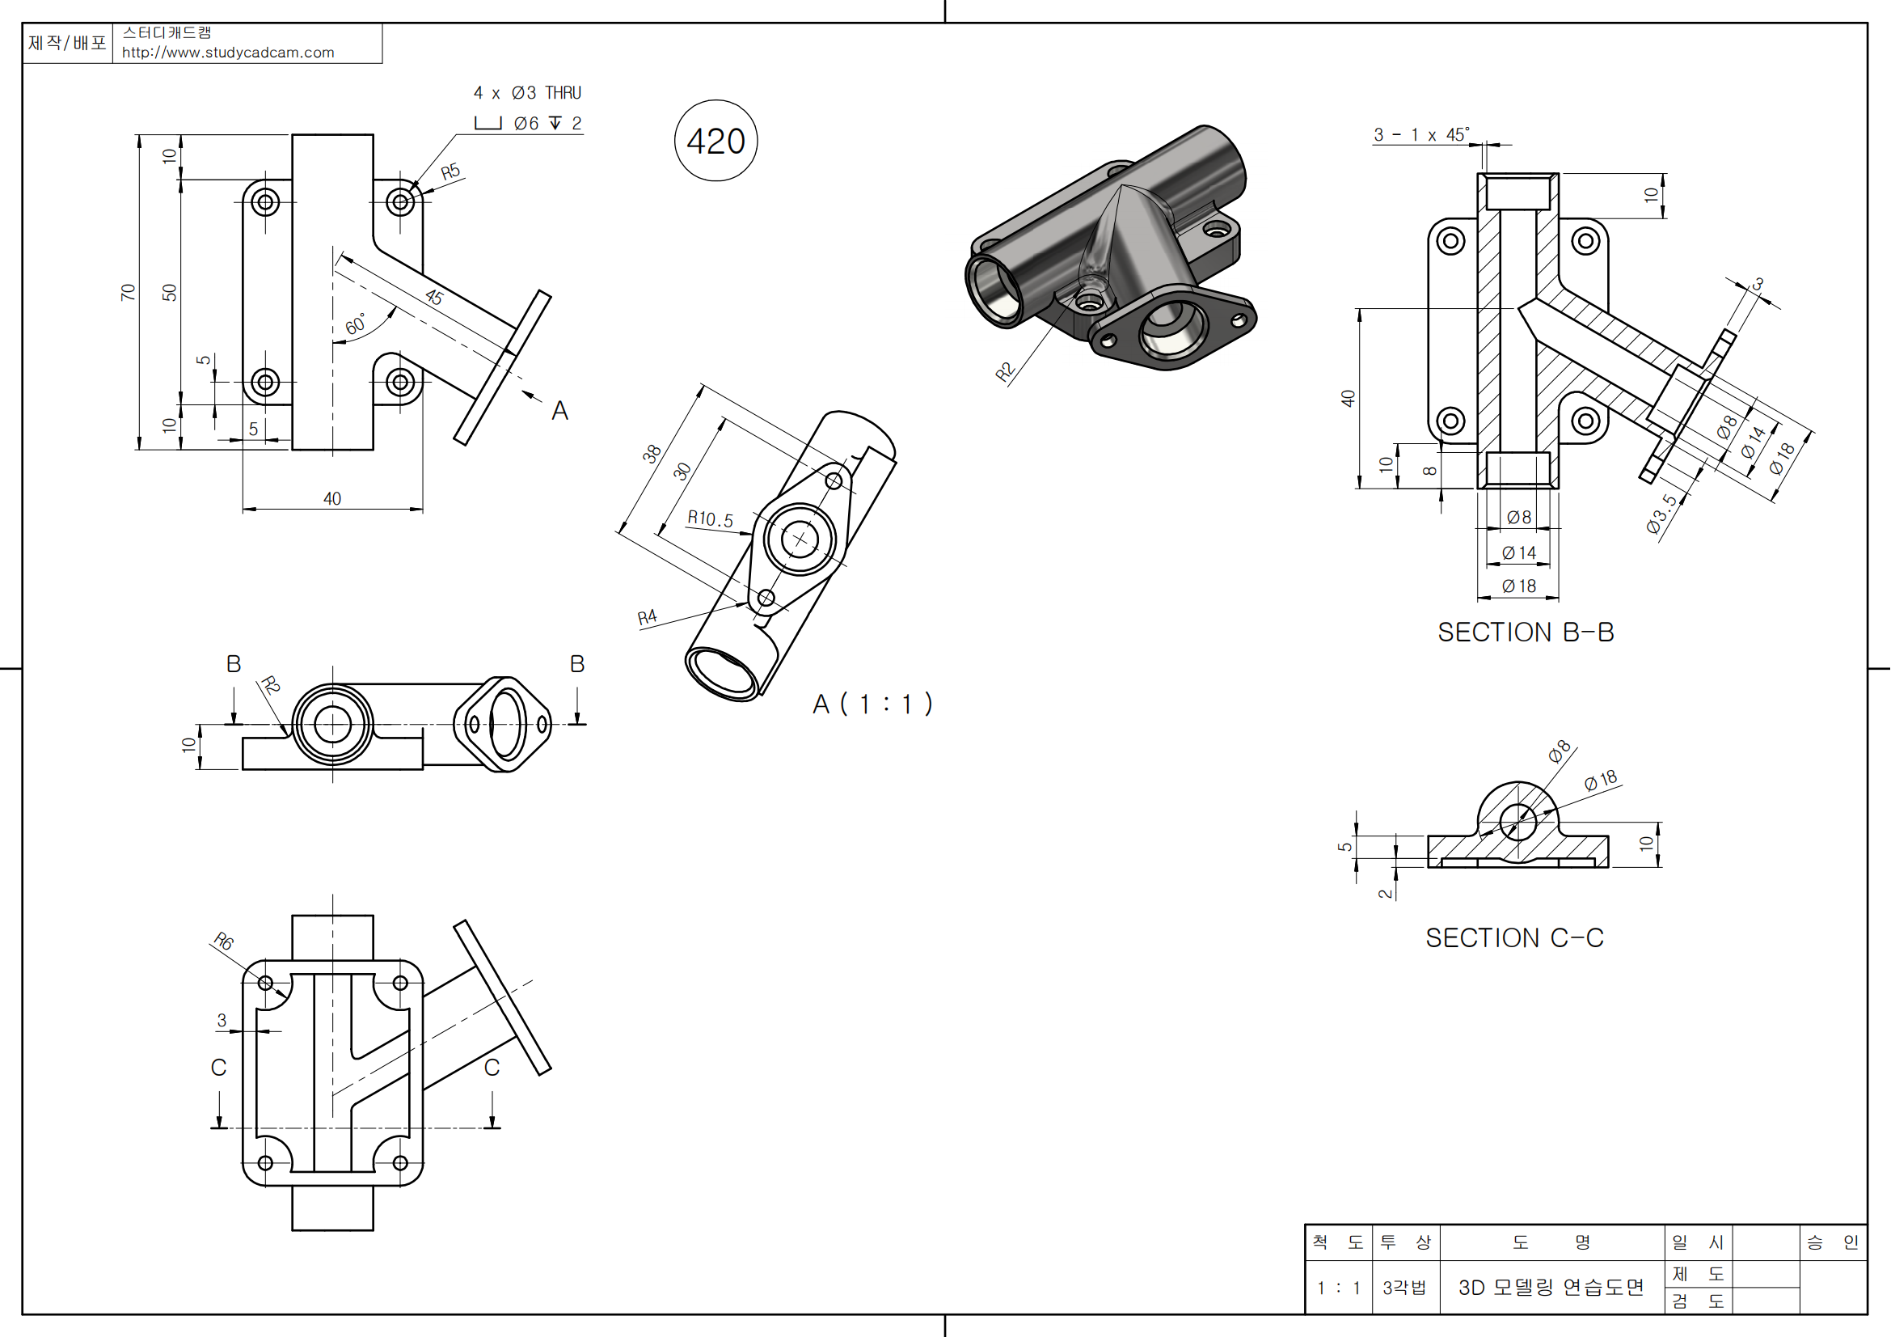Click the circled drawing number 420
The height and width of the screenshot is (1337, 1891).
click(x=715, y=141)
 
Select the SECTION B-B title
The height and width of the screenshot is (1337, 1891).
click(x=1526, y=632)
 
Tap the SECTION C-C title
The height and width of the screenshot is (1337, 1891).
click(x=1513, y=937)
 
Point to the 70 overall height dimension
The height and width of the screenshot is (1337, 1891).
click(x=128, y=293)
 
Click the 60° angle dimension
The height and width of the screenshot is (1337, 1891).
click(x=356, y=324)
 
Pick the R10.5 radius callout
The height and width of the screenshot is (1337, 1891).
click(x=710, y=519)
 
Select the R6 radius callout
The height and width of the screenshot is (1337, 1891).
click(x=223, y=941)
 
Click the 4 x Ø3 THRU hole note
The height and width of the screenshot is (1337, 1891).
click(x=527, y=93)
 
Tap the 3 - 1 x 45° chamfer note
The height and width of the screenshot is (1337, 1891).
click(x=1420, y=134)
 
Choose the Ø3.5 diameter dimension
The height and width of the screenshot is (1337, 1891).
click(x=1661, y=514)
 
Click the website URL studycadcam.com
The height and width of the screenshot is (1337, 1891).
click(x=228, y=53)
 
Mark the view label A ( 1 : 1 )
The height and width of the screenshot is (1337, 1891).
click(x=872, y=704)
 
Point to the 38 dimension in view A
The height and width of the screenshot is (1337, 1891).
click(x=652, y=454)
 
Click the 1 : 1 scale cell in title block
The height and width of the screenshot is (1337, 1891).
click(x=1338, y=1288)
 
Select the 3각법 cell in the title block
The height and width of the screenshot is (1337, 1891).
click(x=1404, y=1288)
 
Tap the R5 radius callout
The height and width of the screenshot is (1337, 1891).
click(x=450, y=172)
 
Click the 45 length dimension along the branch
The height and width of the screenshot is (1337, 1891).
click(x=434, y=298)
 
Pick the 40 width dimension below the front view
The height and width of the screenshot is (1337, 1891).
click(x=332, y=498)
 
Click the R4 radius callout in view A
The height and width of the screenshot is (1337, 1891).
click(x=648, y=617)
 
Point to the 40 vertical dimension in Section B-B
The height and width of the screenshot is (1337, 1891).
click(x=1348, y=399)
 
